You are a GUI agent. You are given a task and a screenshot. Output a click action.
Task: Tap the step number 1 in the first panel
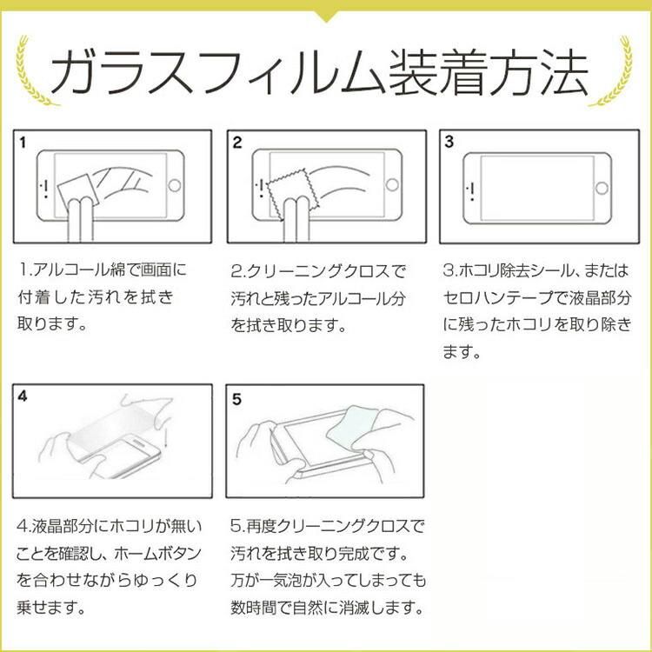pos(23,143)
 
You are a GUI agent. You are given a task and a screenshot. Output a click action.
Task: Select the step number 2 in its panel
pos(237,143)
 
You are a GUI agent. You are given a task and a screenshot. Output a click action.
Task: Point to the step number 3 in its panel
pos(449,142)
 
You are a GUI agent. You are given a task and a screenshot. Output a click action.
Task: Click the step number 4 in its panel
pos(23,396)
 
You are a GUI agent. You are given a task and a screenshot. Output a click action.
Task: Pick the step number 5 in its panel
pos(236,399)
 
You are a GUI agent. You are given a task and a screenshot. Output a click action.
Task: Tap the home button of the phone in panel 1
pos(174,185)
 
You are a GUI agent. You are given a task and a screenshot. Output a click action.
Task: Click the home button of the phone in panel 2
pos(392,184)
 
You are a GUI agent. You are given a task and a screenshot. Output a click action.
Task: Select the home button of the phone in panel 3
pos(602,188)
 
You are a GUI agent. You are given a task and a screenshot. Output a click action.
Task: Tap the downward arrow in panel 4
pos(165,436)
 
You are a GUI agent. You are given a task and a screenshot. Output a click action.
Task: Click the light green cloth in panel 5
pos(354,428)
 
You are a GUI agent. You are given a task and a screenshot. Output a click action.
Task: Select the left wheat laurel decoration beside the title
pos(33,70)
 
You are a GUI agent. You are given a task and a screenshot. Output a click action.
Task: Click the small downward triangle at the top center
pos(327,16)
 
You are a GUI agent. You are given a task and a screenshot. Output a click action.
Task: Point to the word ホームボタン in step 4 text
pos(157,554)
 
